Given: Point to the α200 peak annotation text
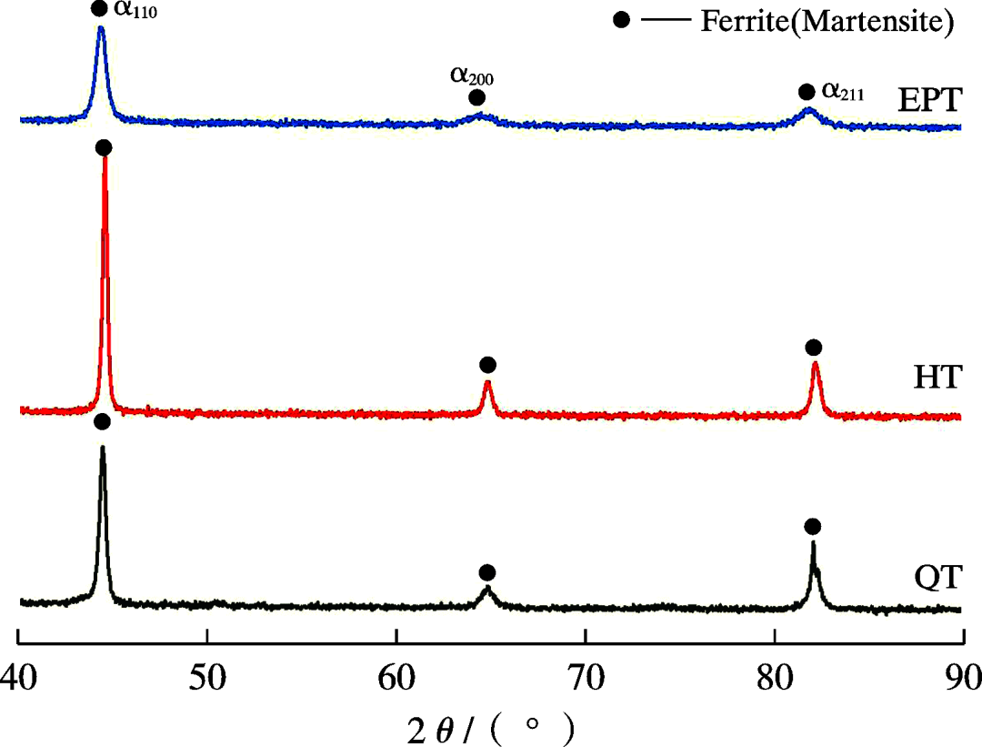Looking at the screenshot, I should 472,75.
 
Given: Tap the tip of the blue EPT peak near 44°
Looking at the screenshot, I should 100,28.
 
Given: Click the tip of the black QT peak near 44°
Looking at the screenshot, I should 102,447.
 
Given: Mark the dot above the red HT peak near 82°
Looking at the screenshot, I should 814,348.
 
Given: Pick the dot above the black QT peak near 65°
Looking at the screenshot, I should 487,572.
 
